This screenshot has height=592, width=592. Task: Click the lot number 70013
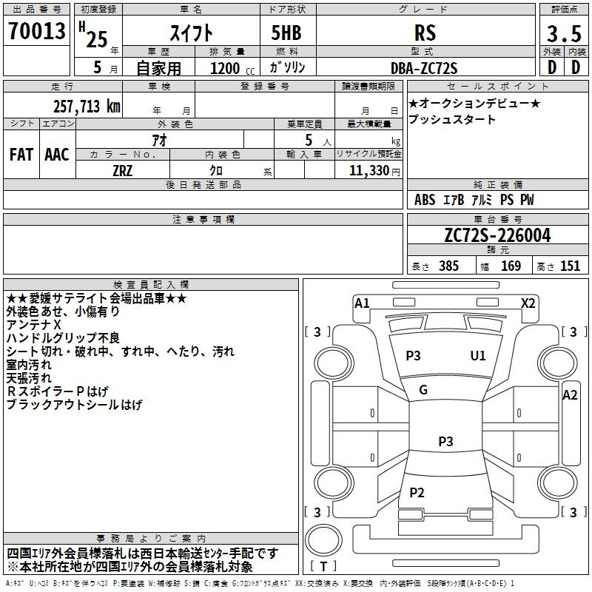(37, 31)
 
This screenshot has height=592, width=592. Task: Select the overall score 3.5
(564, 33)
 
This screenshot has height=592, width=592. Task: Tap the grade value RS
(425, 33)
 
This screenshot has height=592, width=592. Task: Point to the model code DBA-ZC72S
(424, 68)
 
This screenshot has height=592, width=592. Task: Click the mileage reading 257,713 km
(87, 107)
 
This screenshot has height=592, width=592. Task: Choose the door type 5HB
(286, 33)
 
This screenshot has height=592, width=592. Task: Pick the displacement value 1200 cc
(232, 68)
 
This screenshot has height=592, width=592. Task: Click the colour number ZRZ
(123, 171)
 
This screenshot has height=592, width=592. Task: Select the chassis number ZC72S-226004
(497, 235)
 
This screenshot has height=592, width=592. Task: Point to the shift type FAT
(21, 155)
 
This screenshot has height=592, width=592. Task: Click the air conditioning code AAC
(57, 155)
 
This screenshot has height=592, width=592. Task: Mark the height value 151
(570, 266)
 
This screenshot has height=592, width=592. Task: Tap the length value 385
(448, 266)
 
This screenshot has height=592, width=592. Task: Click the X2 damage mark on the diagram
(528, 303)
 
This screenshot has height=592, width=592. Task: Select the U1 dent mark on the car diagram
(477, 355)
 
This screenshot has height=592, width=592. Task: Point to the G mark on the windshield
(423, 390)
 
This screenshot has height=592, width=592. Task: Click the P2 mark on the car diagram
(417, 492)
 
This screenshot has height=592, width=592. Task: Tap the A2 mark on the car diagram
(570, 395)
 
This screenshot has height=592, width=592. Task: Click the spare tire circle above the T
(323, 539)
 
